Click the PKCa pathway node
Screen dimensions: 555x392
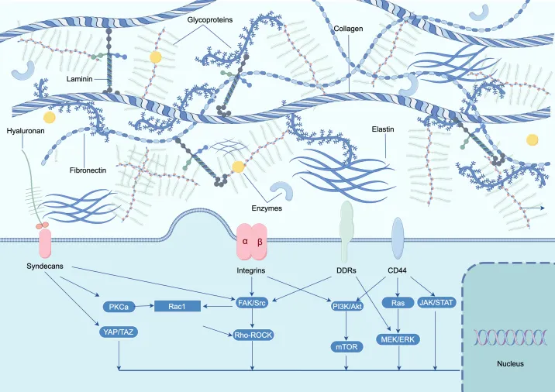pos(119,306)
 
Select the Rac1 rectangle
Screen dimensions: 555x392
pos(178,306)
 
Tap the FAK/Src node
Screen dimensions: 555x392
pos(252,302)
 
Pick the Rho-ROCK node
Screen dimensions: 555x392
pos(253,335)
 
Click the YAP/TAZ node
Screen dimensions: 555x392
pos(119,332)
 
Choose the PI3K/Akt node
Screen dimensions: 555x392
pos(347,306)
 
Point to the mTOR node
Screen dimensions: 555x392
pos(346,347)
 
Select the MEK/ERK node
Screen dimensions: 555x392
pos(398,339)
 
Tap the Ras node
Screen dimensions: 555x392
pos(398,303)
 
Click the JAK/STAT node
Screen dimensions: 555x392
pos(436,302)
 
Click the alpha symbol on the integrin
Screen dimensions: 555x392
pos(245,242)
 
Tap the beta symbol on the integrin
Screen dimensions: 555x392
pos(260,242)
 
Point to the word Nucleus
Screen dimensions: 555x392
pos(510,363)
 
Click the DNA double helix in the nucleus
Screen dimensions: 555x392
pos(510,337)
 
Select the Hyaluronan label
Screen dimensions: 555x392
pos(26,131)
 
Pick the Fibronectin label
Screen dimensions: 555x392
pos(88,170)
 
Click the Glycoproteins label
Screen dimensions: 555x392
pos(210,20)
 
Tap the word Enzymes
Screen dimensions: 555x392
pos(267,208)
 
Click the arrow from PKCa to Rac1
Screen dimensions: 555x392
pos(145,306)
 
